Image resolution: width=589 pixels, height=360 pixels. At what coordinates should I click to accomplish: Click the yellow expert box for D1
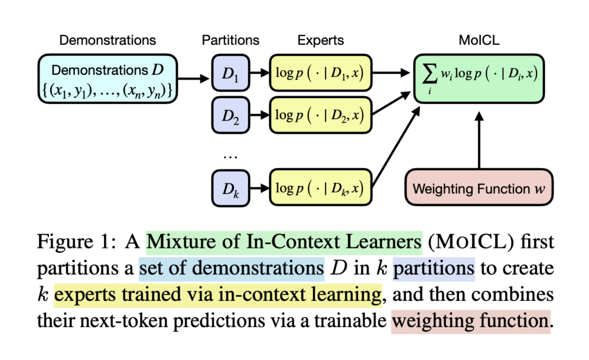click(x=320, y=74)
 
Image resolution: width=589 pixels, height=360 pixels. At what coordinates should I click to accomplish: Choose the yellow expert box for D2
click(x=320, y=116)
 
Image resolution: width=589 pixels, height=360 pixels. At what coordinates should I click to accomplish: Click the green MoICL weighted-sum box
click(x=479, y=79)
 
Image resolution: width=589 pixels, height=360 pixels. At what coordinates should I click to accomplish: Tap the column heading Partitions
click(x=230, y=41)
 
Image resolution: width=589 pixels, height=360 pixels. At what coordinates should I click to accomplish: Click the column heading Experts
click(x=320, y=41)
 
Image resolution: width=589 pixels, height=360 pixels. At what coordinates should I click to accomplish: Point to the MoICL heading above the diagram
click(x=479, y=41)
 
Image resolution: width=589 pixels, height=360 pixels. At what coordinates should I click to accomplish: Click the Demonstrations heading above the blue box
click(x=108, y=41)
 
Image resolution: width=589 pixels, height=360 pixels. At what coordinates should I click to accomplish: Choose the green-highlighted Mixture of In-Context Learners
click(x=284, y=241)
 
